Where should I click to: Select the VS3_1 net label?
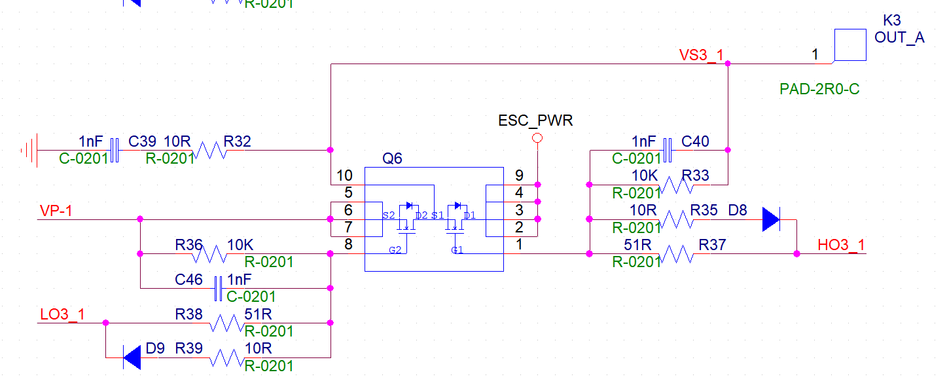[x=702, y=55]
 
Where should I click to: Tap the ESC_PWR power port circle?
[x=538, y=137]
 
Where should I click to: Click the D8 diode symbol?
[x=772, y=219]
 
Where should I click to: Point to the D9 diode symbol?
[x=132, y=357]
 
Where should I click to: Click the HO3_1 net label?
[x=841, y=246]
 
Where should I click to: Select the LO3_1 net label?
[x=62, y=314]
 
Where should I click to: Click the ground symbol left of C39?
[x=29, y=151]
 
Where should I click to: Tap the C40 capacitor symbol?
[x=668, y=150]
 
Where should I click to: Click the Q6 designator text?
[x=392, y=159]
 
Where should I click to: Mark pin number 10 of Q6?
[x=344, y=175]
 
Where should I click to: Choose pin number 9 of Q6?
[x=519, y=175]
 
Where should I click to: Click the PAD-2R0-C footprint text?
[x=819, y=89]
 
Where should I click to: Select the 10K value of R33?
[x=645, y=175]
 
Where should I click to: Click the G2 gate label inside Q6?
[x=395, y=250]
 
